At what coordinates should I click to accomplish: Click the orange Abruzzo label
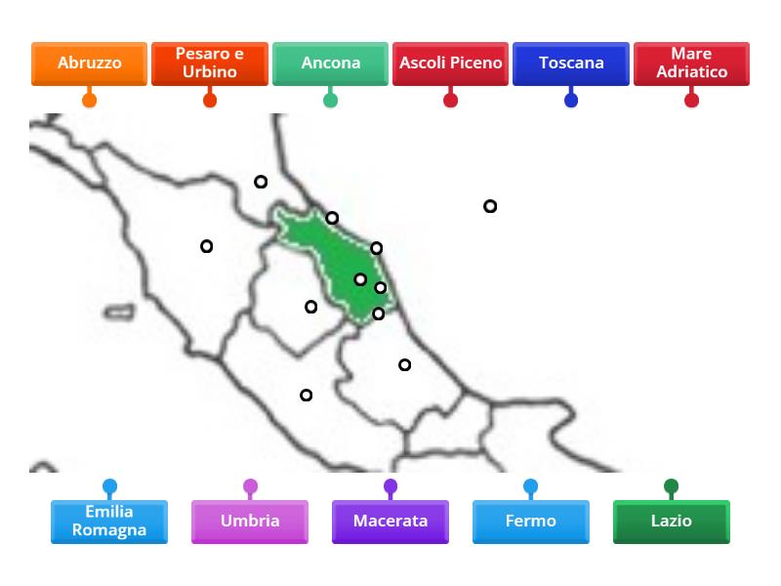click(x=89, y=63)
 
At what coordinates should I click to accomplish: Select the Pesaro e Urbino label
click(x=209, y=63)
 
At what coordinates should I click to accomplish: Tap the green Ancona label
click(x=330, y=63)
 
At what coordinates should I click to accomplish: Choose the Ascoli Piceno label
click(x=450, y=63)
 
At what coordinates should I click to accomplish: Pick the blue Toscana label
click(x=571, y=63)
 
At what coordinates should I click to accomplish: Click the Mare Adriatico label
click(x=691, y=63)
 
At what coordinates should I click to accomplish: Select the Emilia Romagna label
click(x=109, y=522)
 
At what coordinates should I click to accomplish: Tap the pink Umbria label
click(x=250, y=522)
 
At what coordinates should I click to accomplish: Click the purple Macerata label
click(x=390, y=522)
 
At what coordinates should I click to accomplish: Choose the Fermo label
click(x=530, y=522)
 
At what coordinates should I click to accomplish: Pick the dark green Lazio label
click(x=671, y=522)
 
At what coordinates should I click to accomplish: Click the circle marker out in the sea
click(x=490, y=206)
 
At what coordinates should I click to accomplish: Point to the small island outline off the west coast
click(x=119, y=313)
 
